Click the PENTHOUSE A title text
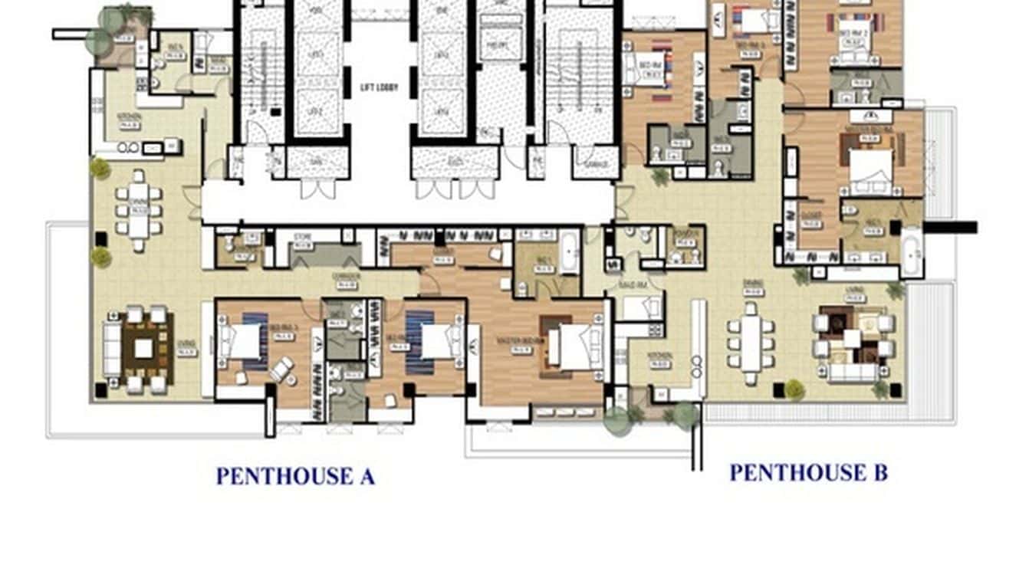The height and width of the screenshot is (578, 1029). coord(295,476)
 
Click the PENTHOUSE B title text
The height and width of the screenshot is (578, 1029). coord(808,472)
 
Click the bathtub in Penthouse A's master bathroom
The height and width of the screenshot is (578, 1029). coord(569,251)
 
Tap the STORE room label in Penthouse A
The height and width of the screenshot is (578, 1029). coord(302,247)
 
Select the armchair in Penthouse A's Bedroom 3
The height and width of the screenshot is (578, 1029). coord(281,369)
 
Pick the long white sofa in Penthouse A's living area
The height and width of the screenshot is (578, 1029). coord(111,349)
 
